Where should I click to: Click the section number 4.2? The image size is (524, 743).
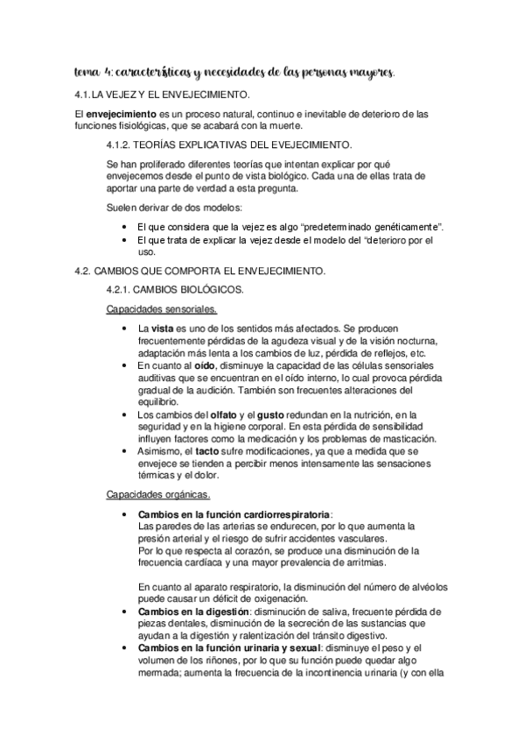click(x=85, y=272)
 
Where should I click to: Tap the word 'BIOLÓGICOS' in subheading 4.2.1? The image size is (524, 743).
click(x=208, y=289)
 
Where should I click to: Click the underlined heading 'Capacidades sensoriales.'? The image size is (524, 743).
click(x=162, y=309)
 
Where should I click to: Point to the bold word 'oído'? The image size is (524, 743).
click(x=205, y=364)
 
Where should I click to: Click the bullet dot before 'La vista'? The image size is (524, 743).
click(x=129, y=329)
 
